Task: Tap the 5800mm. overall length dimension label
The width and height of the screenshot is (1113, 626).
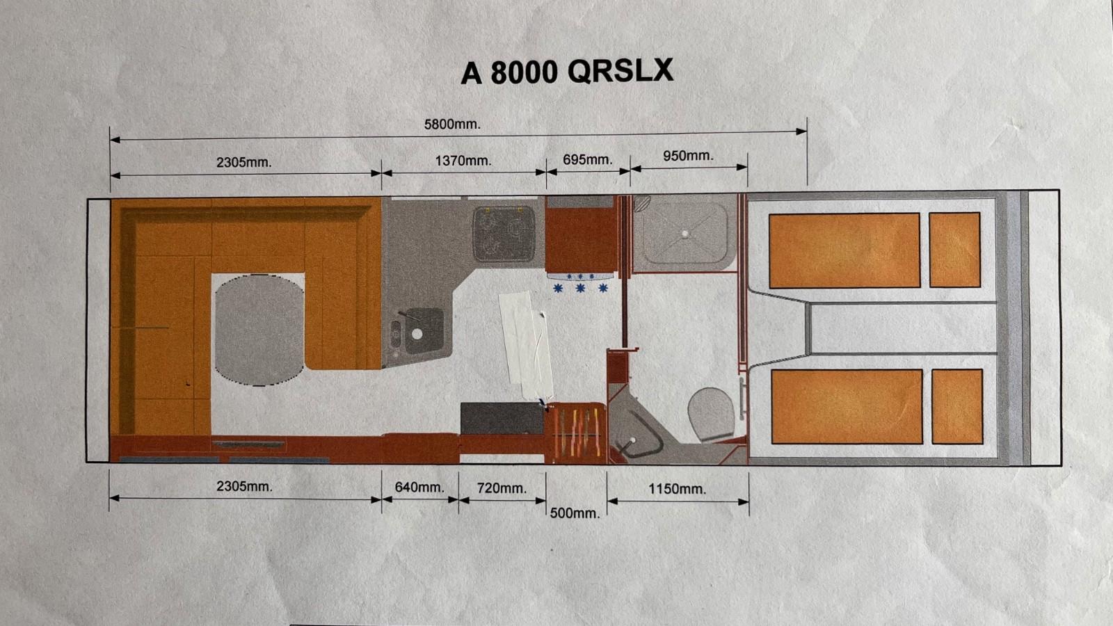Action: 452,125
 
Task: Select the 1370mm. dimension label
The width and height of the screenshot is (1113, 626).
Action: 463,161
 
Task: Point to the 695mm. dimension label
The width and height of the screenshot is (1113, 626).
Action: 587,160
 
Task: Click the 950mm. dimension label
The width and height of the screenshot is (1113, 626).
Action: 688,156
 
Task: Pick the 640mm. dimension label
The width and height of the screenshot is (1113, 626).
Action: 419,488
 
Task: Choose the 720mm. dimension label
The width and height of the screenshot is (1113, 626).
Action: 502,488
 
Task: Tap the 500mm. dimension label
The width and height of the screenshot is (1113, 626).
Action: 575,513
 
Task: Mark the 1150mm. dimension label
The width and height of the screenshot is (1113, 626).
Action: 678,490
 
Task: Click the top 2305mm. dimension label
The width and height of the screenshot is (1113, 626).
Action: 244,163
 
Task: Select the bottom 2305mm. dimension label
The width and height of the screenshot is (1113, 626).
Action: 244,486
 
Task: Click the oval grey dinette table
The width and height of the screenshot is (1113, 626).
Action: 259,330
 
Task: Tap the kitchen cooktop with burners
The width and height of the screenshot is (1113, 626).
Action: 504,234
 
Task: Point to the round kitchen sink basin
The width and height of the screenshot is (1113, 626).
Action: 417,335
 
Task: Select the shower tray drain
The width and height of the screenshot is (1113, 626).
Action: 685,234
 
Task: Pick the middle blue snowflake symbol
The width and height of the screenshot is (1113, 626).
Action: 580,288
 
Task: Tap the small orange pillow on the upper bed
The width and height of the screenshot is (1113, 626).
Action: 954,250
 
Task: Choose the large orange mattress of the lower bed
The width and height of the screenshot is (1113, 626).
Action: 847,407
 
